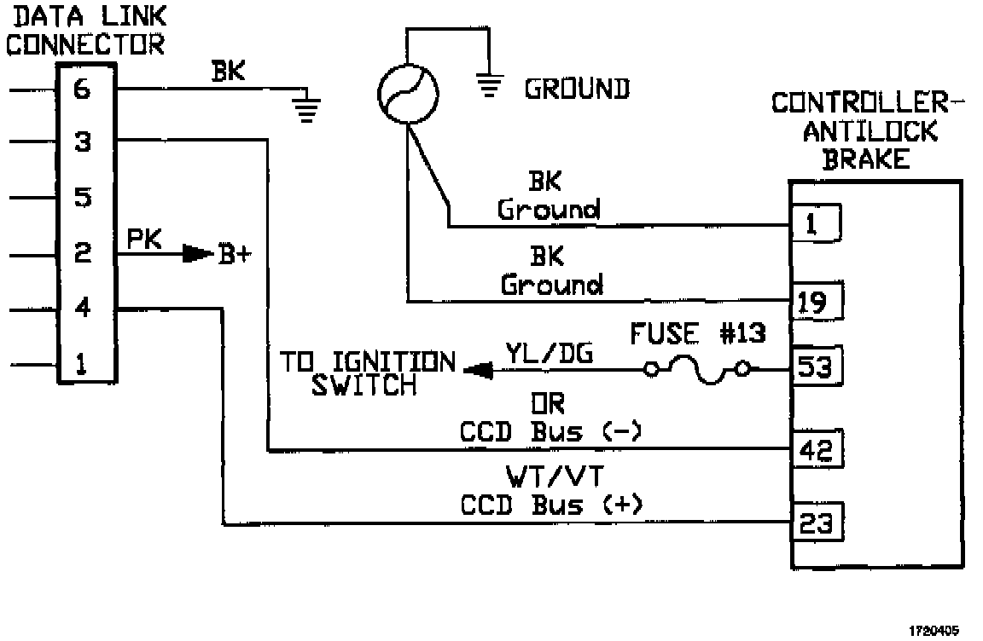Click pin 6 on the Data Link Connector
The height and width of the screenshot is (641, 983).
coord(83,90)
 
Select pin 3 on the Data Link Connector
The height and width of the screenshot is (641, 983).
coord(83,142)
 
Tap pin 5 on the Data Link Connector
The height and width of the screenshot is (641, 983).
coord(83,198)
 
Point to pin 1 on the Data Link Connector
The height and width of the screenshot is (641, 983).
coord(82,364)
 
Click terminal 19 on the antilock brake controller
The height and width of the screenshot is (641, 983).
coord(817,303)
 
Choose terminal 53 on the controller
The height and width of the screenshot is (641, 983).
coord(817,367)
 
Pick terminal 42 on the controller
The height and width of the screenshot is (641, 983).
coord(817,449)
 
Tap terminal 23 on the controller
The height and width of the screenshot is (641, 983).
coord(817,522)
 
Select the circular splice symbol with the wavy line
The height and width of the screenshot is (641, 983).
coord(408,94)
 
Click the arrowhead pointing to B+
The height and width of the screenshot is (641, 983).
coord(197,254)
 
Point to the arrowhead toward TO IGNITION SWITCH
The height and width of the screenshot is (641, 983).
coord(479,371)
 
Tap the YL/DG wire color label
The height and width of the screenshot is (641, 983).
coord(550,354)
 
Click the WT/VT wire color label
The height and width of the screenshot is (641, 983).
coord(555,476)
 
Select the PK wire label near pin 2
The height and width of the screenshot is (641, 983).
coord(143,239)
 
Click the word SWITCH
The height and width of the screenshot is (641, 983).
coord(364,385)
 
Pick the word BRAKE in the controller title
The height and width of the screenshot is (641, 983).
coord(866,159)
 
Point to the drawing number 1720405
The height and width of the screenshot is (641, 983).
coord(934,631)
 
